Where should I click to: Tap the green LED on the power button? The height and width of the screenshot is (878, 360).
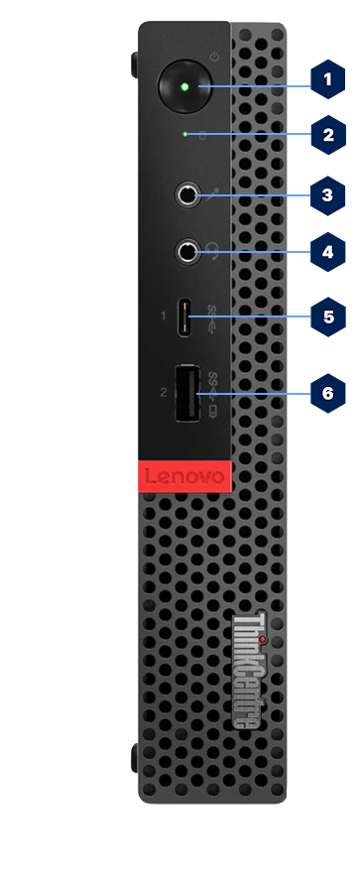[184, 86]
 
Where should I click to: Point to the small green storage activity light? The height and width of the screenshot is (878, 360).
[185, 133]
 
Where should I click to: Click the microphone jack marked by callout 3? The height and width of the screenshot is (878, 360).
[186, 194]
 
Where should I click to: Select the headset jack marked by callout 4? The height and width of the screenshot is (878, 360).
[186, 252]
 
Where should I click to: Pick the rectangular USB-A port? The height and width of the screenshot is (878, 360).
[187, 393]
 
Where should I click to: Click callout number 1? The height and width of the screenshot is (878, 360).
[328, 79]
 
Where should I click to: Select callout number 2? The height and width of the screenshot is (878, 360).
[328, 134]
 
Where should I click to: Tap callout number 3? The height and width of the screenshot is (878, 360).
[328, 194]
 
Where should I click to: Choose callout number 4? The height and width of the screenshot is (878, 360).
[328, 252]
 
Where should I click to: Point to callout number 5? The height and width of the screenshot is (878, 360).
[328, 317]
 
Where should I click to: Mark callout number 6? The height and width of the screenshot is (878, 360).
[328, 393]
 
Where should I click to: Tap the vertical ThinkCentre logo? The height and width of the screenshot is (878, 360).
[247, 669]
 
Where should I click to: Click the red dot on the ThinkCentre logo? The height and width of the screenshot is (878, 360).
[262, 612]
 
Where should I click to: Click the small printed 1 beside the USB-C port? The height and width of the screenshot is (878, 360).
[163, 317]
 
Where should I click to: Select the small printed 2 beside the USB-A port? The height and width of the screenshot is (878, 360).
[163, 393]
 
